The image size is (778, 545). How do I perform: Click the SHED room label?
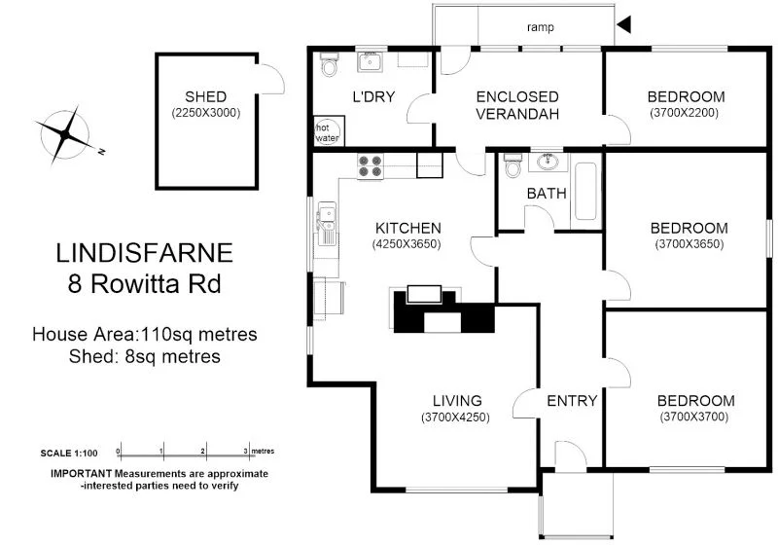click(x=206, y=96)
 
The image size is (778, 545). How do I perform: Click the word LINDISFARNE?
click(x=144, y=254)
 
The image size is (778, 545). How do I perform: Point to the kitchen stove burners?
click(x=370, y=166)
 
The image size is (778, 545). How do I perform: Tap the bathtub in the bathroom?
click(x=585, y=191)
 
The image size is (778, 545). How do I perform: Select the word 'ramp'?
click(x=541, y=27)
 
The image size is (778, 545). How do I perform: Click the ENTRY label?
click(x=572, y=401)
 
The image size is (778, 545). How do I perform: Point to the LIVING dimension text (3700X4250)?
click(x=455, y=418)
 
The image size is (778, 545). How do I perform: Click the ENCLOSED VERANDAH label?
click(x=517, y=105)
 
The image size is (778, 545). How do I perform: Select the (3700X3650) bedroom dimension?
click(x=689, y=244)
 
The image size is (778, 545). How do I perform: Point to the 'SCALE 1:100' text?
click(x=69, y=454)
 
